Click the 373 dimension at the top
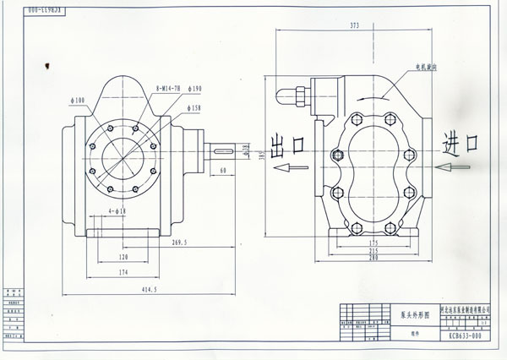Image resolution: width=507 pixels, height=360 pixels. coord(354,27)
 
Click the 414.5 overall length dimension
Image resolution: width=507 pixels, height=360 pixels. coord(128,290)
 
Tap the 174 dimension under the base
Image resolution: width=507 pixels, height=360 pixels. coord(123,273)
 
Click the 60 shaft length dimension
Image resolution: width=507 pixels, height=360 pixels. coord(222,172)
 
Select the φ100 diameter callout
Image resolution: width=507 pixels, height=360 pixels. coord(79,101)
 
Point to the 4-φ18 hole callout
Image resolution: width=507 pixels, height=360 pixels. coord(117,210)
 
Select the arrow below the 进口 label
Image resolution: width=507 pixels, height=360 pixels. coord(455,168)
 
